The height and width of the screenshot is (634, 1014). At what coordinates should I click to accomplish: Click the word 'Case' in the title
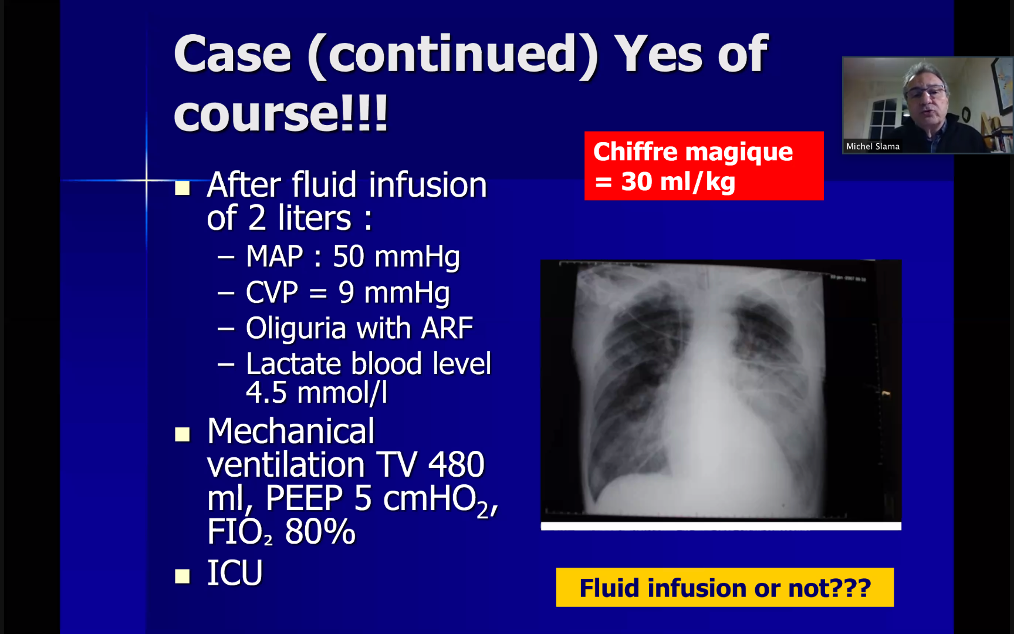232,54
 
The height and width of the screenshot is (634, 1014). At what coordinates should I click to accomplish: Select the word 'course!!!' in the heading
280,113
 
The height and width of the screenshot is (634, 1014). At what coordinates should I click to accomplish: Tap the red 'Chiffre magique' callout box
704,166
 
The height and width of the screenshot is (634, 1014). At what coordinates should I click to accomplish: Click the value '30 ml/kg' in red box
678,181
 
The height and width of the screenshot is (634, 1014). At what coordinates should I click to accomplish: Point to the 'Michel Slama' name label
873,146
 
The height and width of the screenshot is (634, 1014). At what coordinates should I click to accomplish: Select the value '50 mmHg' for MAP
396,257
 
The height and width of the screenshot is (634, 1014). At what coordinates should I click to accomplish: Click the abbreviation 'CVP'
272,292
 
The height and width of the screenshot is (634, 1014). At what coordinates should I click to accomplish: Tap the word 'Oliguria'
296,328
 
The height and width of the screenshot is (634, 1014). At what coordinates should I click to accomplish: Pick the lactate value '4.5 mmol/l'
317,392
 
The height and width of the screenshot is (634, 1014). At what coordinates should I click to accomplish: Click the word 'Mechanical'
291,431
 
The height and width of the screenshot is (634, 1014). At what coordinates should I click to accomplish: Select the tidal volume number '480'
456,465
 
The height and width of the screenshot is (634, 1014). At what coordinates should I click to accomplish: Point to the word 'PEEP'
304,498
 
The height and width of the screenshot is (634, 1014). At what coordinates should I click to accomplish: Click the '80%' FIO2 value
320,532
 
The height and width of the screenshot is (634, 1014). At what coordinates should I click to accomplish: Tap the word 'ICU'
235,573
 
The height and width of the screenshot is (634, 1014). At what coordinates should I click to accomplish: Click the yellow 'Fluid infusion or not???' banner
725,587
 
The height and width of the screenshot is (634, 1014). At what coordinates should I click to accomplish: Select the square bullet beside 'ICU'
182,576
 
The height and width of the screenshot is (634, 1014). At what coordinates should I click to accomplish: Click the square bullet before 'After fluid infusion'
182,188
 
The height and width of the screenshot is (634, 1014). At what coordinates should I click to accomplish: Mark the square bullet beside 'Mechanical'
182,434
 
